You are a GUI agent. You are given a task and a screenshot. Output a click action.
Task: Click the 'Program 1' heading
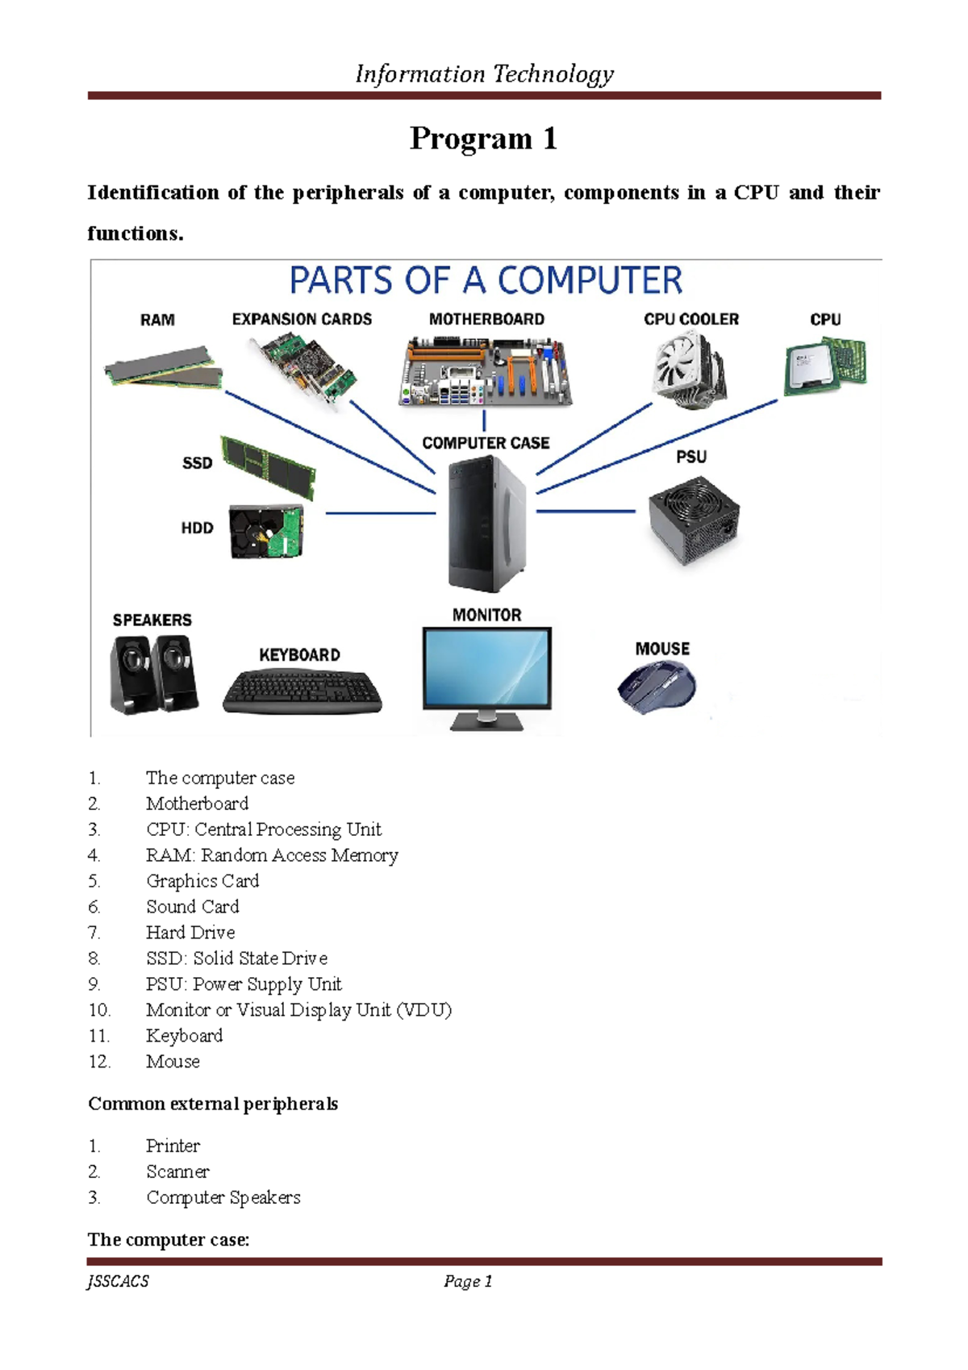click(x=483, y=139)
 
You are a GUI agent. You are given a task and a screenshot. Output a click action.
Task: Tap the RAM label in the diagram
click(x=157, y=320)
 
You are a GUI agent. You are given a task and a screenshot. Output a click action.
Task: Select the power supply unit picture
click(x=693, y=520)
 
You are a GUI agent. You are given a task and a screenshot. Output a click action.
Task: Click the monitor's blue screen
click(x=487, y=667)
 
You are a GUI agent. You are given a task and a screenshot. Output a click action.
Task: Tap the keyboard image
click(x=302, y=692)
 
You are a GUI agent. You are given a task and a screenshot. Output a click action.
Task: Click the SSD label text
click(x=197, y=463)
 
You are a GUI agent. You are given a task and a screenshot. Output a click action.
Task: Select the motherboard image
click(x=486, y=372)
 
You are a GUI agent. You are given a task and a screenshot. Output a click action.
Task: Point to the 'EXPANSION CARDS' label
click(x=302, y=320)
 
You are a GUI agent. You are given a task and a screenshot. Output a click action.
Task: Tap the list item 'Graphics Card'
click(x=202, y=881)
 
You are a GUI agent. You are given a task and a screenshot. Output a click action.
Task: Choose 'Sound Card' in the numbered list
click(x=192, y=907)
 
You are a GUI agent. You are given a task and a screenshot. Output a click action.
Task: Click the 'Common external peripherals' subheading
click(x=213, y=1104)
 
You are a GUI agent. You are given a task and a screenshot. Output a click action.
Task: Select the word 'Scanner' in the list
click(x=177, y=1172)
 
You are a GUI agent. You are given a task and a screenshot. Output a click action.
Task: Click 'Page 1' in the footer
click(x=468, y=1281)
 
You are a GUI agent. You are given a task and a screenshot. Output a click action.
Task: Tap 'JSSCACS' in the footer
click(x=119, y=1281)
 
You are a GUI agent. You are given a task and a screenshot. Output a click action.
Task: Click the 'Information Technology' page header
click(x=484, y=74)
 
